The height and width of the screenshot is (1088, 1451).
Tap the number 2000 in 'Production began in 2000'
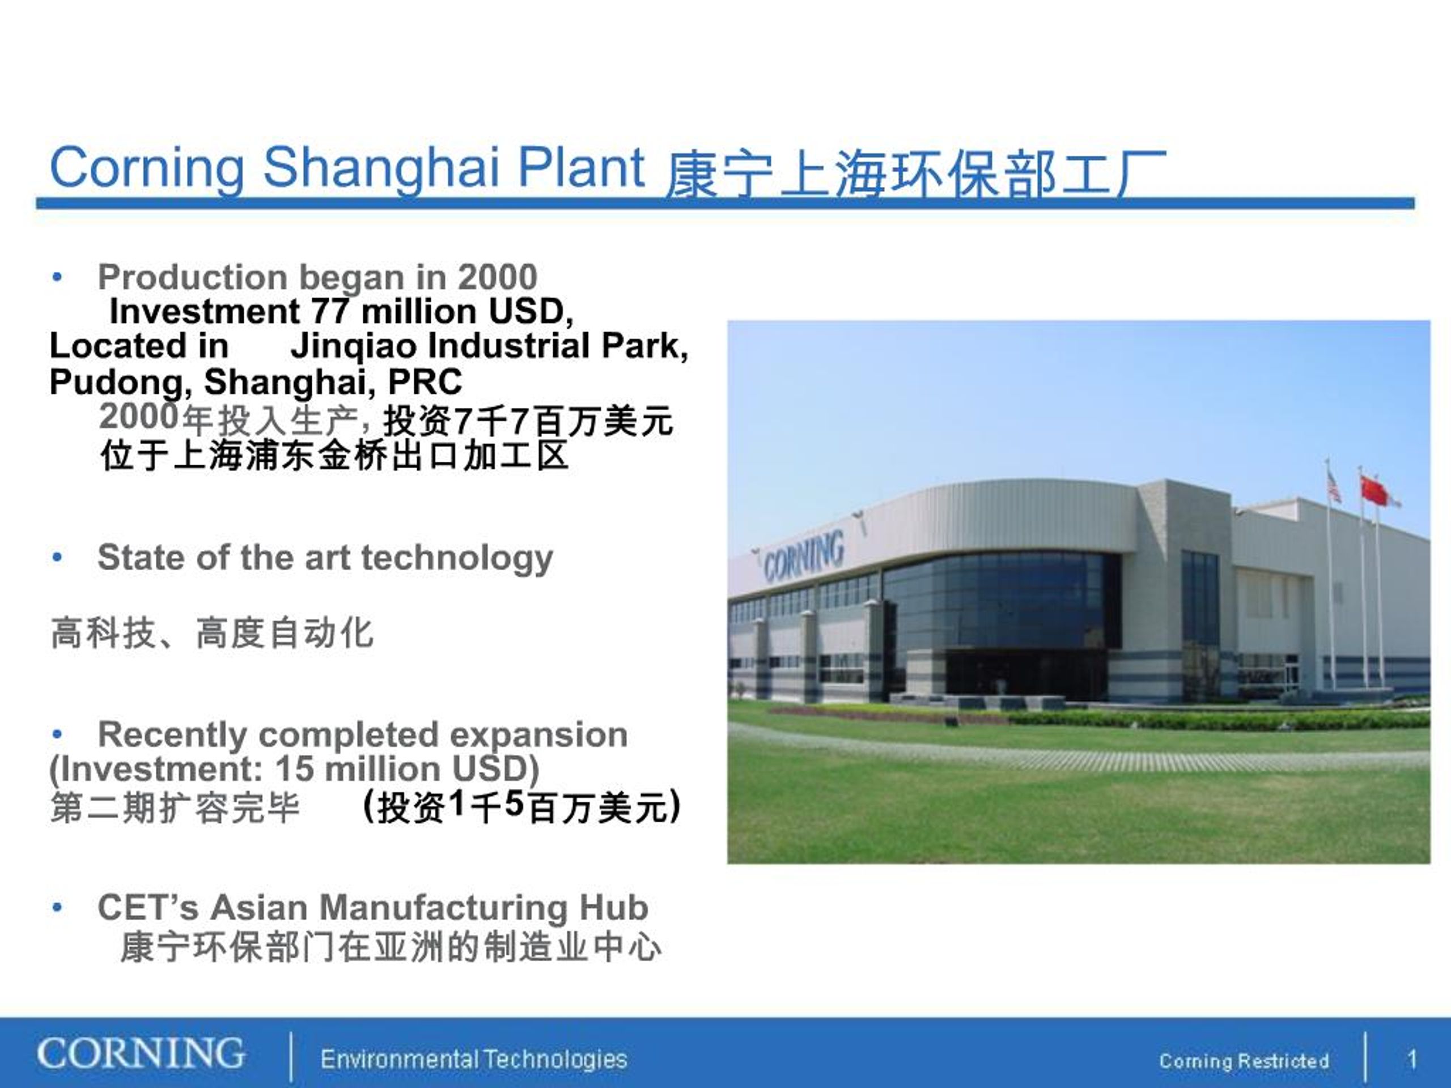point(497,277)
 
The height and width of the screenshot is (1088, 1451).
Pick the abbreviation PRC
point(425,382)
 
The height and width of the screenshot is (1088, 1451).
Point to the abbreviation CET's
point(147,908)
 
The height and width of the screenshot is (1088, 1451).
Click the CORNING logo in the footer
point(141,1054)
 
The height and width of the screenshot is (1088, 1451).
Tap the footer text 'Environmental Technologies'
point(474,1060)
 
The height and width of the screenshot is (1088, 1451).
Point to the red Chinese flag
point(1375,491)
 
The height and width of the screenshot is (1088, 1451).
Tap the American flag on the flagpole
point(1334,486)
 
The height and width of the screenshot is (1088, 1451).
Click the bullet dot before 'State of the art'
point(58,558)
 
